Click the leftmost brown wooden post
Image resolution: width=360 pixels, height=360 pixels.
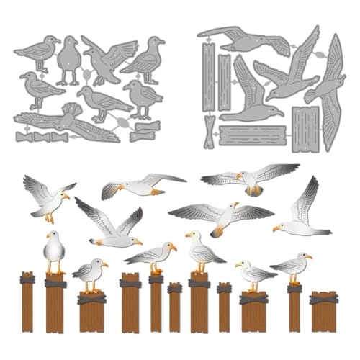[x=27, y=302]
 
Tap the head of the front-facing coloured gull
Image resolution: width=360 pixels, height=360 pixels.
[x=53, y=235]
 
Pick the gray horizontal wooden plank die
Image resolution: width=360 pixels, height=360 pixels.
[x=252, y=134]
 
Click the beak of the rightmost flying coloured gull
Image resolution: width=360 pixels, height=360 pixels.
[x=276, y=229]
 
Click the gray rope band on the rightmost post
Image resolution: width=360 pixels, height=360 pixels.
[x=323, y=297]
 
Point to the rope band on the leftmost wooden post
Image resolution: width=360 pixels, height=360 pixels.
[x=27, y=278]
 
